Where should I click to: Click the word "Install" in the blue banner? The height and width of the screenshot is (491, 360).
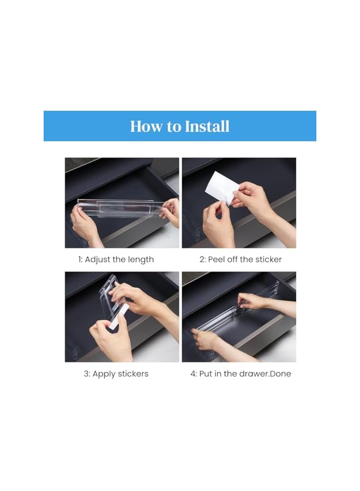pos(207,126)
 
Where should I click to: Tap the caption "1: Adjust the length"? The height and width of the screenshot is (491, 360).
pos(116,260)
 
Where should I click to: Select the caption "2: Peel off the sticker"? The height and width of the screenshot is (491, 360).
pos(241,260)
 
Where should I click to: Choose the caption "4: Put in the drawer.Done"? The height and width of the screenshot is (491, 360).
pos(241,374)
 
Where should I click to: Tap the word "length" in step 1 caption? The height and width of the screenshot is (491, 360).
pos(141,260)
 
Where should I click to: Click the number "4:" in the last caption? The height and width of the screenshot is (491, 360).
pos(194,374)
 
